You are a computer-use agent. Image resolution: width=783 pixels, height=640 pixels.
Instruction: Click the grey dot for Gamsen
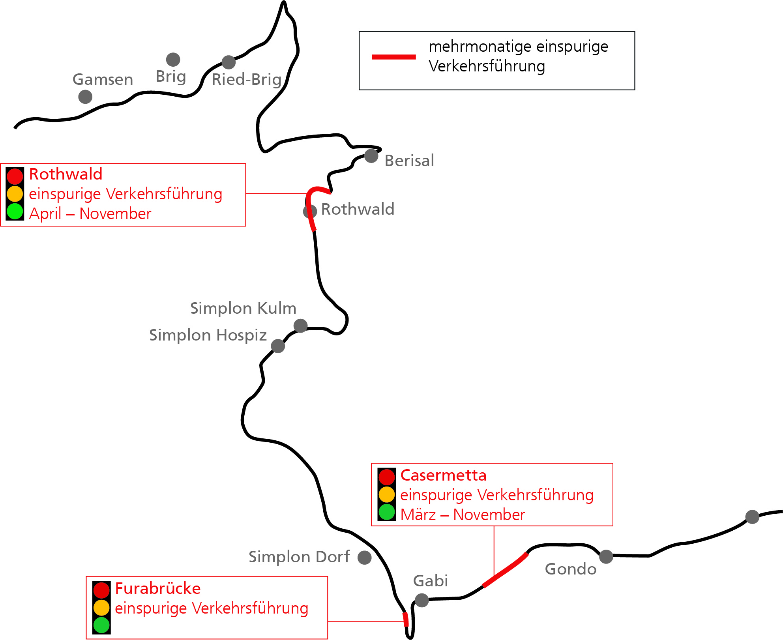coord(85,97)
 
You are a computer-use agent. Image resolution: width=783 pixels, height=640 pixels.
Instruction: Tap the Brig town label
coord(171,76)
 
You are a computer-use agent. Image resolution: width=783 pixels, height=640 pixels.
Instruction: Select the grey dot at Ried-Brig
coord(229,62)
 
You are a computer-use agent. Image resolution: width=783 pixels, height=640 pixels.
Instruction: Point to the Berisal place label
coord(409,161)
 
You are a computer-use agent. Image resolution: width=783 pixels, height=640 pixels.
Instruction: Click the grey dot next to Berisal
coord(371,156)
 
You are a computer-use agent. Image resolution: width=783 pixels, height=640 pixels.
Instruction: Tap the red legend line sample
coord(394,57)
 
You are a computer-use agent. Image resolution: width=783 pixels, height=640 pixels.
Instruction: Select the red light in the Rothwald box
coord(15,176)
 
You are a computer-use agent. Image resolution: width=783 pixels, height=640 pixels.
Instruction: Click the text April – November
coord(90,213)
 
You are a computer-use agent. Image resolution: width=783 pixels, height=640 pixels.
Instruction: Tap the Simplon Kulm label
coord(243,308)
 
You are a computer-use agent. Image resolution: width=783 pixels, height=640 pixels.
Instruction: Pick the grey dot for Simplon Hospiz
coord(278,346)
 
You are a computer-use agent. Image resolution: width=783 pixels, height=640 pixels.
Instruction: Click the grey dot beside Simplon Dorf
coord(364,558)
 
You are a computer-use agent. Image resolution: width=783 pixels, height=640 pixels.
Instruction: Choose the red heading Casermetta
coord(443,475)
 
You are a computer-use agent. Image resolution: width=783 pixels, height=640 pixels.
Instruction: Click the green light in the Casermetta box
coord(387,512)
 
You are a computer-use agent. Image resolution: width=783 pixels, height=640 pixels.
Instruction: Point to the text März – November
coord(463,515)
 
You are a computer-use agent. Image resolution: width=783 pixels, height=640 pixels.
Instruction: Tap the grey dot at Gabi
coord(422,600)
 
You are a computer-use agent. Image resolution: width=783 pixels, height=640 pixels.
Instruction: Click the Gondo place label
coord(571,569)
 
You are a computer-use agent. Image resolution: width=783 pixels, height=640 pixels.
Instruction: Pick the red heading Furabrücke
coord(158,588)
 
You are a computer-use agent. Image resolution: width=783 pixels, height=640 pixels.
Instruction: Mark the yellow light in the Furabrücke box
coord(101,608)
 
